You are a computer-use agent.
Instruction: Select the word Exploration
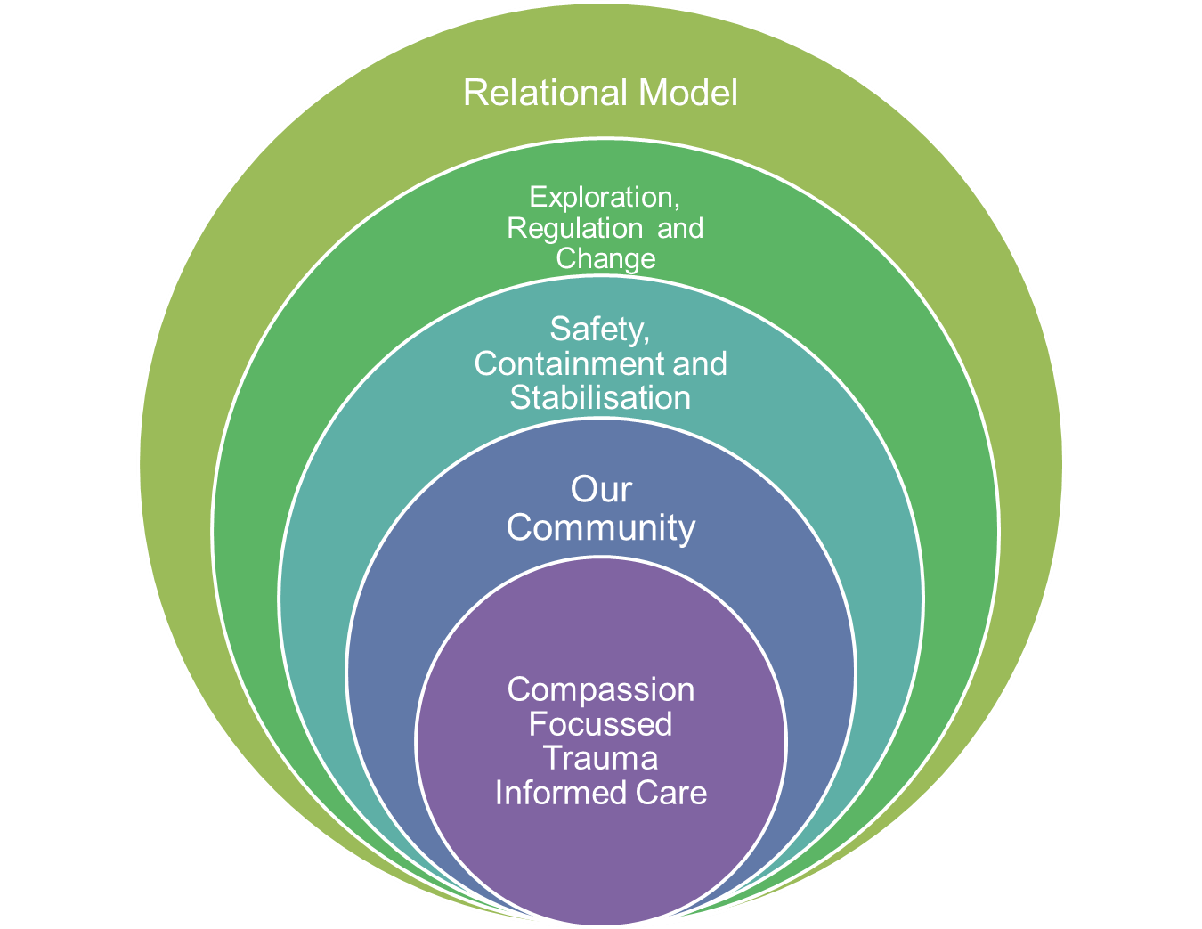click(x=601, y=197)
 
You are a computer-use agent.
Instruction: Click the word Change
click(x=605, y=258)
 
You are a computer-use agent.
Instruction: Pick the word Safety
click(x=596, y=330)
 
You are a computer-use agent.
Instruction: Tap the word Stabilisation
click(x=600, y=397)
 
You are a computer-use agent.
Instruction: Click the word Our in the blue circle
click(x=601, y=489)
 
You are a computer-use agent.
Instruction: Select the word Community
click(x=601, y=527)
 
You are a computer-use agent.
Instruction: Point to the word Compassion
click(x=601, y=689)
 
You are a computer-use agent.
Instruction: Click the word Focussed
click(x=600, y=724)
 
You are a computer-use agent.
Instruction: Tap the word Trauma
click(x=601, y=758)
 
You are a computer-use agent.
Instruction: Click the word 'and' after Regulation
click(x=680, y=228)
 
